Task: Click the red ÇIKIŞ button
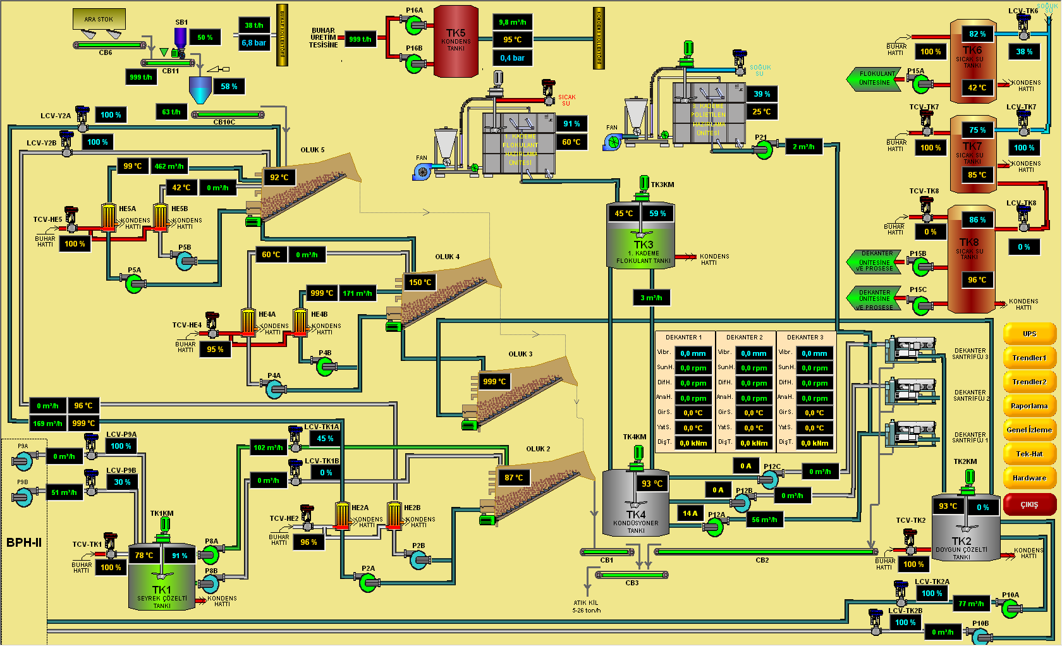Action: point(1029,504)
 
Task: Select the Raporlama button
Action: point(1029,406)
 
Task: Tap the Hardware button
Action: point(1029,478)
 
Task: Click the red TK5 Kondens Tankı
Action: point(456,41)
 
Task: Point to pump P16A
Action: point(415,25)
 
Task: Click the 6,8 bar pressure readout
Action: point(254,43)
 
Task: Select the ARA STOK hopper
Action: point(99,19)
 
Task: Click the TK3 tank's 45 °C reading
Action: point(624,214)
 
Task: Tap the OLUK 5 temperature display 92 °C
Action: point(279,178)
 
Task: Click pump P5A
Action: point(134,284)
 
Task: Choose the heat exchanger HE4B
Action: point(300,322)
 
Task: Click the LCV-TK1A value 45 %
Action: point(326,439)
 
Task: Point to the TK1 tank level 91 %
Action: point(180,556)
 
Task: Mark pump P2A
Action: point(368,582)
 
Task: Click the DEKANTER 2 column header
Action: point(744,338)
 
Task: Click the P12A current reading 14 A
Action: point(690,514)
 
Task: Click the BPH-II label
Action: point(24,542)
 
